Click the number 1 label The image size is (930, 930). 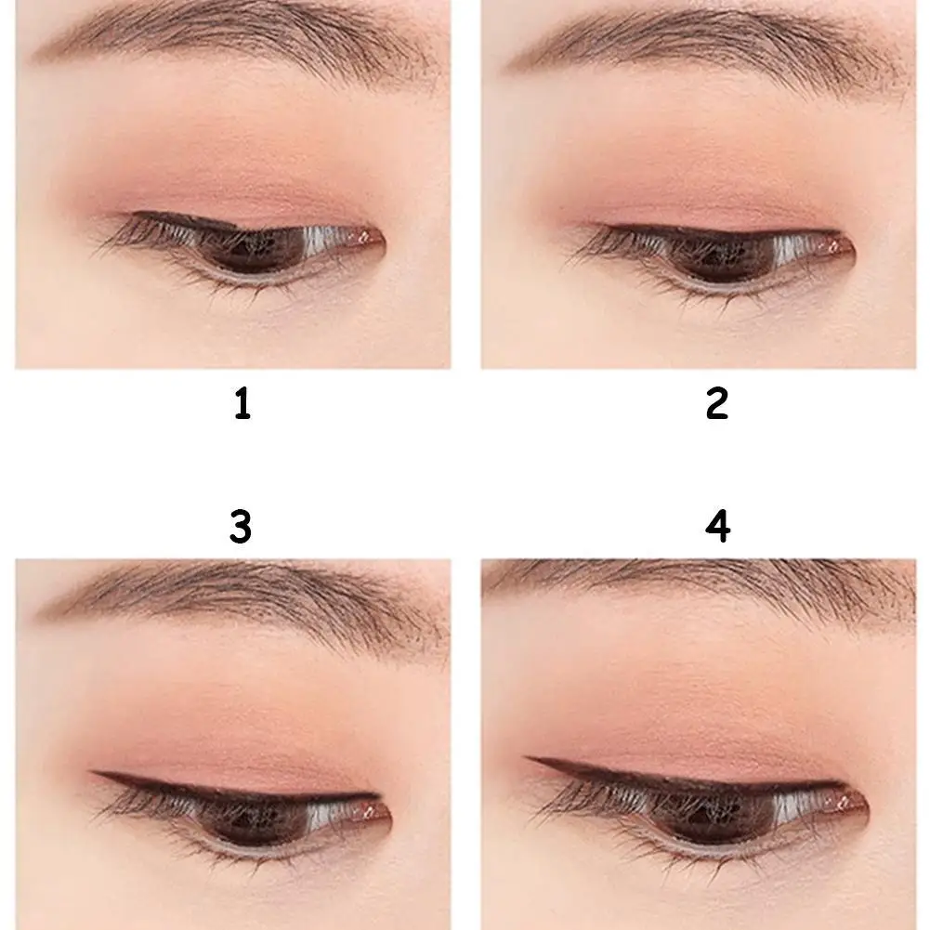click(x=242, y=405)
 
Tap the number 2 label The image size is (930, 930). click(x=716, y=405)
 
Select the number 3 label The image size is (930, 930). click(x=241, y=527)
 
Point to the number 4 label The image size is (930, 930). click(x=717, y=527)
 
